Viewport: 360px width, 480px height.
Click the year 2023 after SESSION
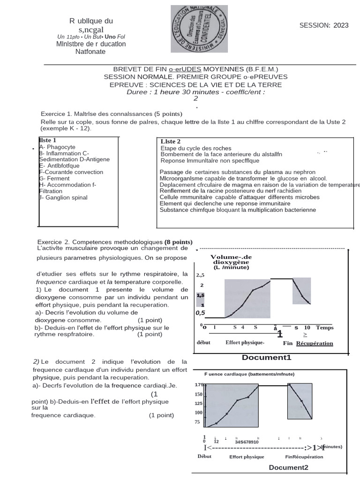(341, 25)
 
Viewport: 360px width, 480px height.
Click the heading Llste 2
(171, 141)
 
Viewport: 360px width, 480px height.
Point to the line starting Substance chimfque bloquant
(238, 210)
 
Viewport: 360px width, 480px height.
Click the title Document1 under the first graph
(266, 358)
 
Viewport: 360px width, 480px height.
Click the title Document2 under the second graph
(288, 467)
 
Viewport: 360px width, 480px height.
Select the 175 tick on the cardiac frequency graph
(198, 385)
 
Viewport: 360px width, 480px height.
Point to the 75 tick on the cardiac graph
(197, 422)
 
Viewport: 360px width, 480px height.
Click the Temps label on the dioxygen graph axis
(325, 328)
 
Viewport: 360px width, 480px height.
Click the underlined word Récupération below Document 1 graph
(315, 343)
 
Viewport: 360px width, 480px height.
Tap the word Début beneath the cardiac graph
(204, 456)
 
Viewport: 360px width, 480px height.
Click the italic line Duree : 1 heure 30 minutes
(195, 92)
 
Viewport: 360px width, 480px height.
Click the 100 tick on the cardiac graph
(198, 412)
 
